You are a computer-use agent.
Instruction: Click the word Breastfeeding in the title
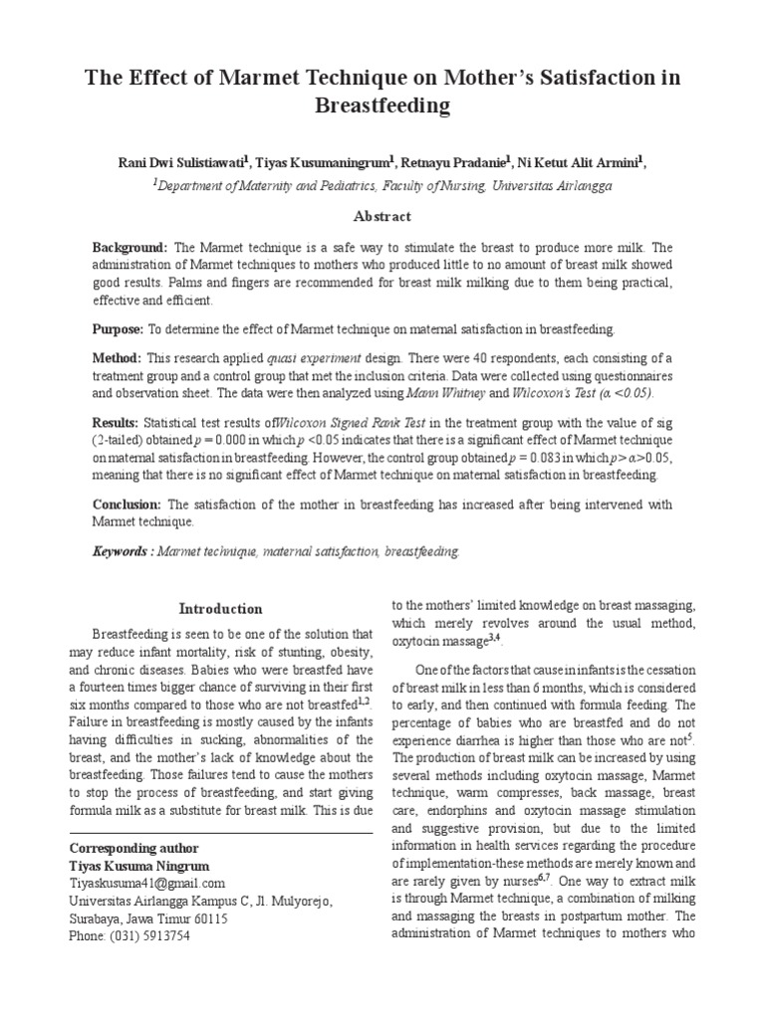[382, 104]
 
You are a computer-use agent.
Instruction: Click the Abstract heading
[382, 216]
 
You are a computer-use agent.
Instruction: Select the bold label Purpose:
[119, 328]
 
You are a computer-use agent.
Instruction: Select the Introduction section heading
[220, 609]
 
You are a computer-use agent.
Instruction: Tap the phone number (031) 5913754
[155, 936]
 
